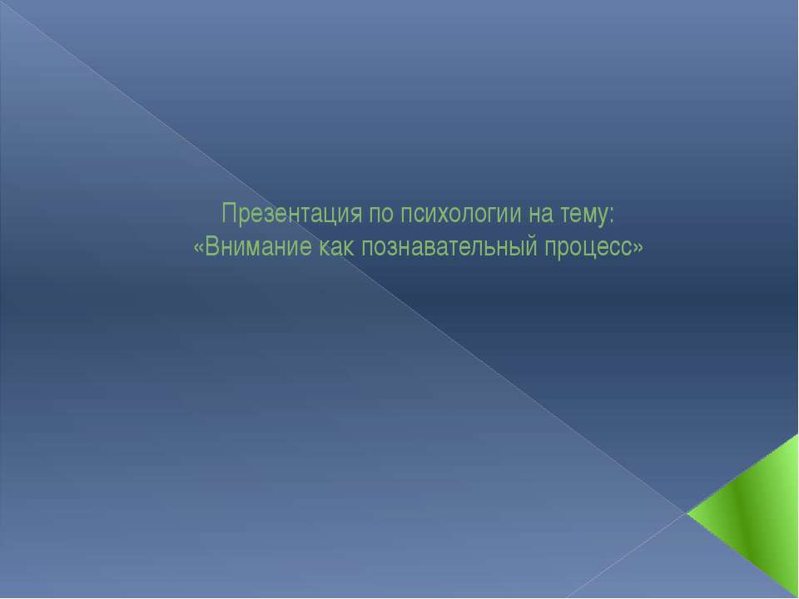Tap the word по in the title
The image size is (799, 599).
pyautogui.click(x=379, y=215)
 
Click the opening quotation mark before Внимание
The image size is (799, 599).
pyautogui.click(x=197, y=248)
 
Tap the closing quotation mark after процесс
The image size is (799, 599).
pyautogui.click(x=638, y=248)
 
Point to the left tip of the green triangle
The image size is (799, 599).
pyautogui.click(x=689, y=513)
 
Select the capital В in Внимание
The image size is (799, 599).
pyautogui.click(x=209, y=247)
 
